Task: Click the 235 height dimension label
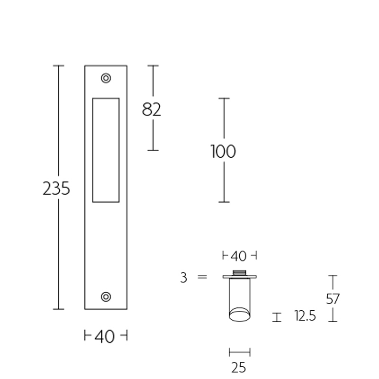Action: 56,189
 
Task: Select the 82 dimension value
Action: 152,109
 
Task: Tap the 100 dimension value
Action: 223,152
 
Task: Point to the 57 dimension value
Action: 333,299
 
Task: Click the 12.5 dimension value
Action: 305,316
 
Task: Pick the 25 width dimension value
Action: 239,367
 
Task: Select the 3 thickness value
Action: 184,278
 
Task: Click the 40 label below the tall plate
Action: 105,336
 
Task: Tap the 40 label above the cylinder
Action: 239,256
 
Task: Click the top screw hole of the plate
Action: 106,78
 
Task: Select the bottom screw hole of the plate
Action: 106,297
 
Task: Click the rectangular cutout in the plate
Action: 106,150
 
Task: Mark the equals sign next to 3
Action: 202,277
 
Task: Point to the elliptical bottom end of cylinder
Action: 239,315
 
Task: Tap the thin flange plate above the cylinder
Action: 239,277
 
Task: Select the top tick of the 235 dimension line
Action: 58,65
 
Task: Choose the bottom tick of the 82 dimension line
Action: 153,150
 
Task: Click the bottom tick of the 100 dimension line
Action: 224,202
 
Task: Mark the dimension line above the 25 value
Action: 239,352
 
